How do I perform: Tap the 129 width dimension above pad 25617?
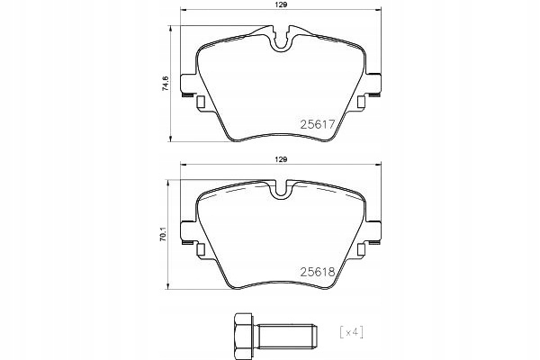pyautogui.click(x=280, y=7)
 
